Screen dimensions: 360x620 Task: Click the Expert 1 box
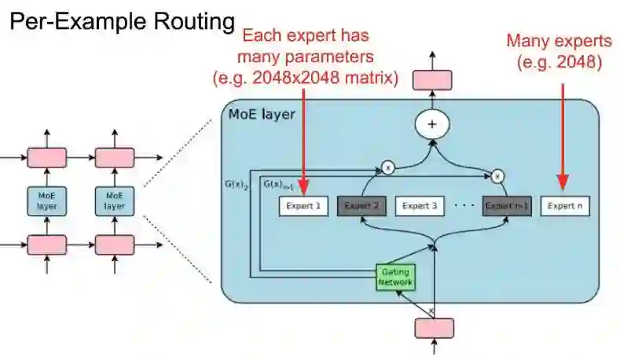click(x=303, y=207)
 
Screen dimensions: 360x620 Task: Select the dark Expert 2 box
click(x=361, y=207)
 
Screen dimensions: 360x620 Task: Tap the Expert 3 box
click(x=419, y=207)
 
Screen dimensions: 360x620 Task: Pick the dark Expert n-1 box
click(x=506, y=207)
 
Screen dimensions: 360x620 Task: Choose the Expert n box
click(x=565, y=207)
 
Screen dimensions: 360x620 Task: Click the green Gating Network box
click(x=394, y=275)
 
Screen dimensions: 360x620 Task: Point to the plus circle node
click(x=431, y=123)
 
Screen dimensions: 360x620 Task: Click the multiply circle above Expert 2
click(x=387, y=167)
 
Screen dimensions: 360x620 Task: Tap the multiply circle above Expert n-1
click(x=497, y=177)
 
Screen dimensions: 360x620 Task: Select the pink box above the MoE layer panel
click(x=431, y=79)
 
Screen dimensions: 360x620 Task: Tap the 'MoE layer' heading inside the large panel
click(x=262, y=115)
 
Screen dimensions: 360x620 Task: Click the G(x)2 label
click(x=236, y=186)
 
